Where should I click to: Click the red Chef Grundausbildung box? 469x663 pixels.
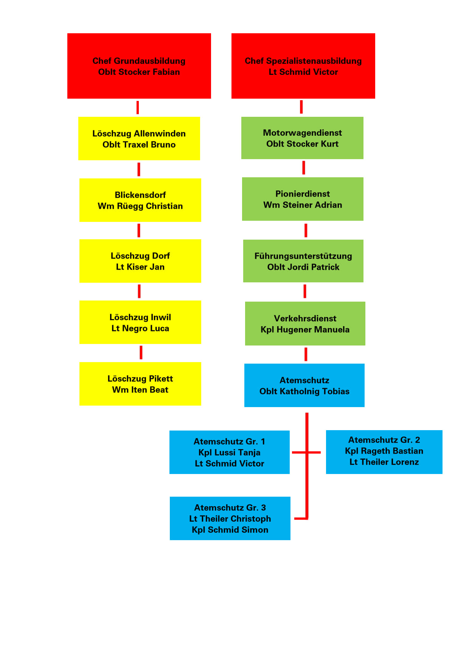139,66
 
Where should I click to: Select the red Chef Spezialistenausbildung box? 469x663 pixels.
303,66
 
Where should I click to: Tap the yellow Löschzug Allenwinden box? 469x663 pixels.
139,138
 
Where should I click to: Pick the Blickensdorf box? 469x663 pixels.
140,200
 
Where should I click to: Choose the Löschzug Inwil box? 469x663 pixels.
140,322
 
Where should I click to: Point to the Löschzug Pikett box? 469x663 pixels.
140,384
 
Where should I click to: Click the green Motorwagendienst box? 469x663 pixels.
302,138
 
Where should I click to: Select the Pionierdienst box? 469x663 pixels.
303,199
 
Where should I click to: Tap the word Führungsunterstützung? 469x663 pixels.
303,256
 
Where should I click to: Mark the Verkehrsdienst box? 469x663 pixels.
305,324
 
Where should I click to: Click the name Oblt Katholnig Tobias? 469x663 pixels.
304,391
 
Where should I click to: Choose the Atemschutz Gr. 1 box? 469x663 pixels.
229,452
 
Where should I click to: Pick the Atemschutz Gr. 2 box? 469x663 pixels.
384,452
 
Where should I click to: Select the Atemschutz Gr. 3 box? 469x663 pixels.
230,518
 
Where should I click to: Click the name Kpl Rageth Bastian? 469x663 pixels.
384,451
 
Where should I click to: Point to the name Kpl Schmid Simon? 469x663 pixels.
230,530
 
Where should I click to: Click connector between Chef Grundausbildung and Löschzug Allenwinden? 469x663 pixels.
138,107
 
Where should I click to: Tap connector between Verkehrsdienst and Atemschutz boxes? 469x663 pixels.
306,354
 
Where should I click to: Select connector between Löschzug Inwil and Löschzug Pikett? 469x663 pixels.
141,352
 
